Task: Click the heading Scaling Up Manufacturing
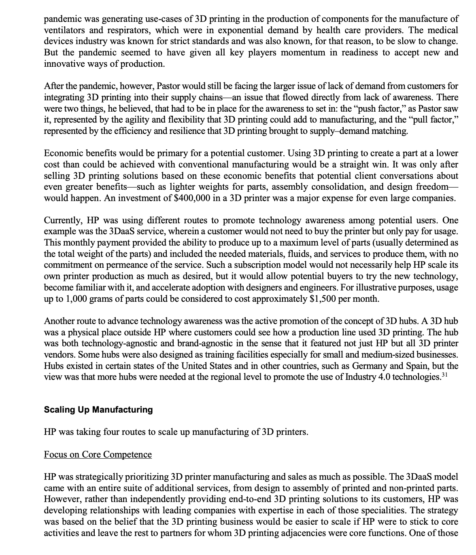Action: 98,409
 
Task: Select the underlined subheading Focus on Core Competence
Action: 98,454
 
